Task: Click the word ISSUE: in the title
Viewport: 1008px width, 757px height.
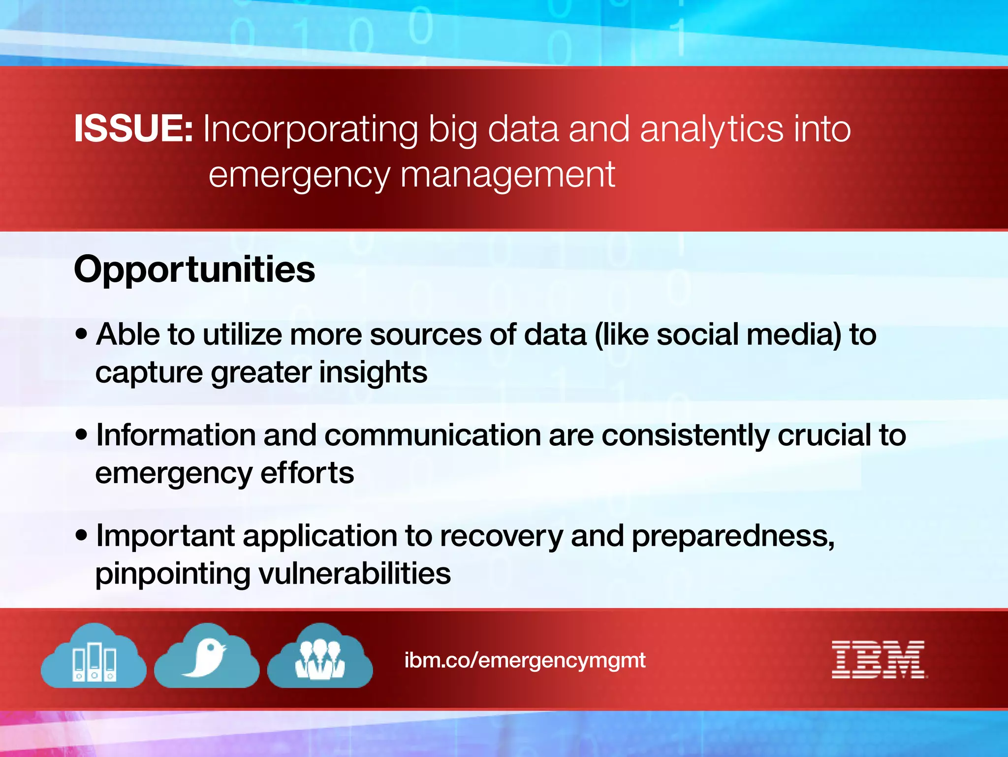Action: pos(133,129)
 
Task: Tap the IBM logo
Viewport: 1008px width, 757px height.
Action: pos(879,659)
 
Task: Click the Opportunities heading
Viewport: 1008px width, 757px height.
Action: pos(194,269)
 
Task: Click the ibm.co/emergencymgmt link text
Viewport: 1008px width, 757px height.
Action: pos(525,660)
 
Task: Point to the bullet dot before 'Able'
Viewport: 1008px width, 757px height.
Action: pos(82,334)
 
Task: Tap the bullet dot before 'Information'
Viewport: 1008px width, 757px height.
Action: pos(82,435)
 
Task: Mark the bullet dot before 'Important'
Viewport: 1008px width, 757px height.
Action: pos(82,535)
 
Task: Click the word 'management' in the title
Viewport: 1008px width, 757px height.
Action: pos(507,175)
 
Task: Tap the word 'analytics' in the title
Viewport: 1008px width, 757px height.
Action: pos(711,129)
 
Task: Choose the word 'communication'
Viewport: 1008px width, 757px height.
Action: pos(433,435)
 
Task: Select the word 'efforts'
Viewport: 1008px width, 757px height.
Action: pos(307,473)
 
